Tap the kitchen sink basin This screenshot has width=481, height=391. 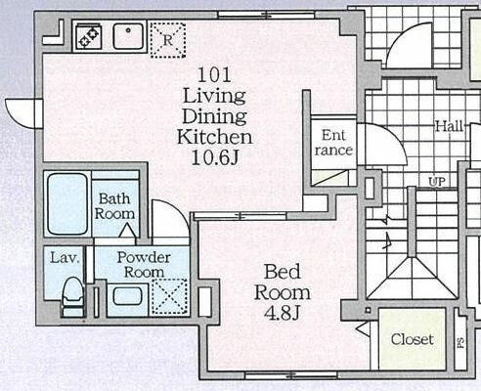(128, 37)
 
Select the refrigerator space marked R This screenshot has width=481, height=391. (168, 40)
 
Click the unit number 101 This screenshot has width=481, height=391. (215, 74)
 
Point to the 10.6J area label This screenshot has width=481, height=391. (215, 158)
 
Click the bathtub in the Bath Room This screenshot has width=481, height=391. (67, 203)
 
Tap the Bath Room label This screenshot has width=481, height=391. (114, 206)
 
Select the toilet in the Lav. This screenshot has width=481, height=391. (73, 297)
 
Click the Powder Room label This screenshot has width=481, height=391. (144, 265)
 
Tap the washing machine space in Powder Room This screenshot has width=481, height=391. (170, 297)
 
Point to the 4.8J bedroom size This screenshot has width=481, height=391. (282, 314)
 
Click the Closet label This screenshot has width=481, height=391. (413, 339)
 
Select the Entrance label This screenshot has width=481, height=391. (333, 143)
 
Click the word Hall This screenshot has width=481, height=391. (450, 126)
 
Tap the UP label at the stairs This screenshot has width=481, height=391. (437, 182)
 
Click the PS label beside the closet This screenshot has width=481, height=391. (460, 342)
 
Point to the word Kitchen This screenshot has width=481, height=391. (215, 137)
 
